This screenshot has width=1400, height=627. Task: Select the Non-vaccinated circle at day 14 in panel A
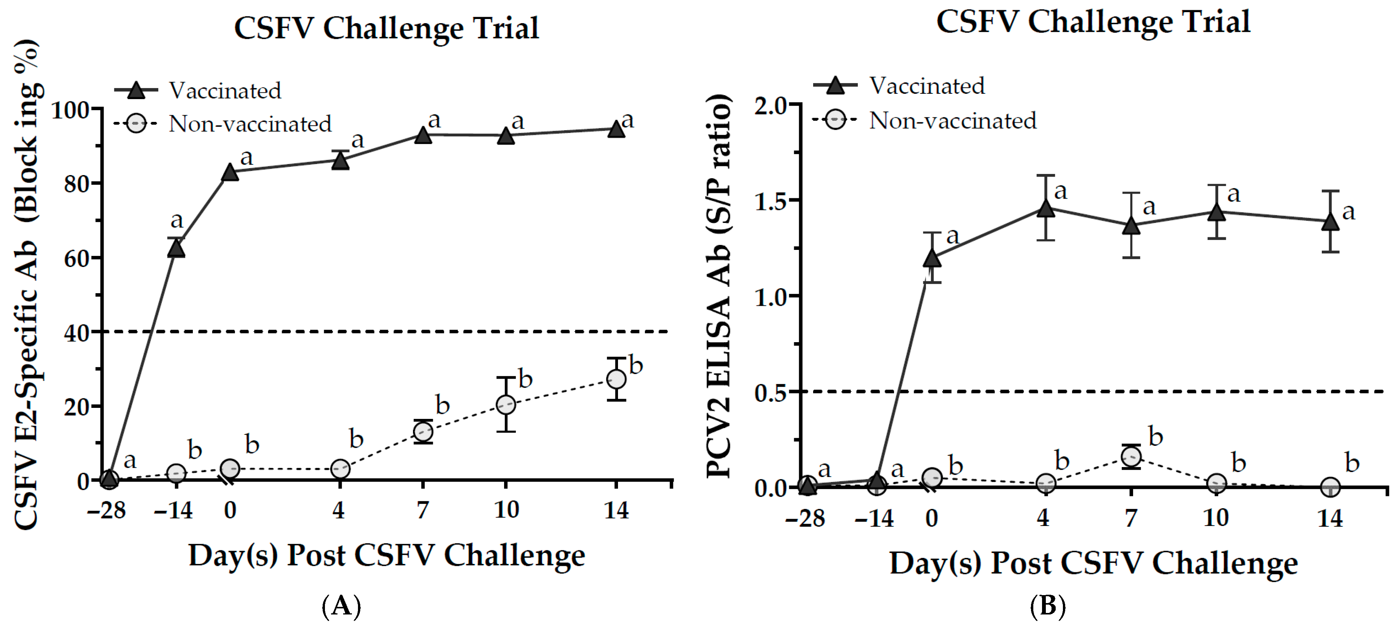616,379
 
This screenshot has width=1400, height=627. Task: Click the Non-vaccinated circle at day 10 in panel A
505,404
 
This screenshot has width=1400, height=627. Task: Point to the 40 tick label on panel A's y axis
77,333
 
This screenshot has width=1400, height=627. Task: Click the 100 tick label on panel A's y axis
70,111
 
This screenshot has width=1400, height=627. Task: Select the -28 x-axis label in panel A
107,510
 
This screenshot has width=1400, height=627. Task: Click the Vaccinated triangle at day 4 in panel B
1045,208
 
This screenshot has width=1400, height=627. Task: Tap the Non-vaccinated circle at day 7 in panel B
1131,456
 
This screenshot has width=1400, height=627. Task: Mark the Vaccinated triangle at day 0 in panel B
932,258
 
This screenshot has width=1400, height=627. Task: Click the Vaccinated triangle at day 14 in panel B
1330,222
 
